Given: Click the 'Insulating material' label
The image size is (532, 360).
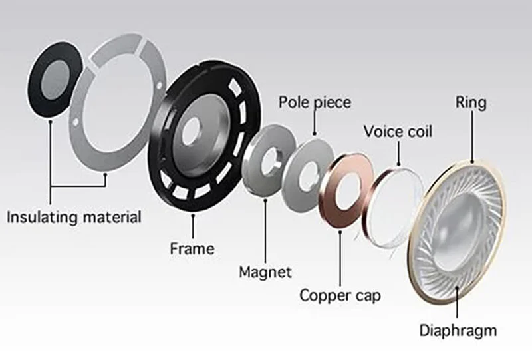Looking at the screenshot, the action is pos(74,218).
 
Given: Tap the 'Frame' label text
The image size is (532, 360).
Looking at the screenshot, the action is pos(192,248).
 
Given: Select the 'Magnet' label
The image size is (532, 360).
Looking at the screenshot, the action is pos(265,272).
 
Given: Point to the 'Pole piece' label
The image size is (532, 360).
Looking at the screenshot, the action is pos(315,102).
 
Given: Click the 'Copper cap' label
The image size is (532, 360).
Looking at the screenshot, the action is pos(340,296).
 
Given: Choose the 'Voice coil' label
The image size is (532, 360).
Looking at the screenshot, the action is pos(398,132).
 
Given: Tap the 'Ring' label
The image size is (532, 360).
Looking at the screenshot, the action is pos(471,102).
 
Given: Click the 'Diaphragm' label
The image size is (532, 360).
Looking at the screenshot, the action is pos(458,330).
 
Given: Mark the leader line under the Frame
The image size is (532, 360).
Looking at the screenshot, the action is pos(193,226).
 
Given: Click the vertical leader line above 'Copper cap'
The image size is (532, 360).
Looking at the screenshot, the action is pos(340,258).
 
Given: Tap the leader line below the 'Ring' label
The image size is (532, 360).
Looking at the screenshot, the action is pos(471,136).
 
